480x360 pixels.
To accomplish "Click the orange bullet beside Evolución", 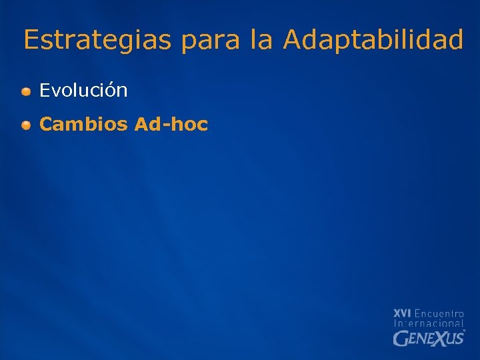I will (x=25, y=91).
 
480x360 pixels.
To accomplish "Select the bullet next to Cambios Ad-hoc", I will (x=25, y=125).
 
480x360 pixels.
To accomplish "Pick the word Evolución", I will (x=83, y=91).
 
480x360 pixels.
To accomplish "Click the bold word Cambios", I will (x=83, y=124).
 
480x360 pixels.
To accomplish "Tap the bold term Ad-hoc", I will (x=171, y=124).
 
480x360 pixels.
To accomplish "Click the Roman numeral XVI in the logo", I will (x=402, y=313).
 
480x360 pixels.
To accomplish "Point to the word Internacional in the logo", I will (x=429, y=323).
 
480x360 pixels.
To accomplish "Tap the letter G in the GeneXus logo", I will (x=399, y=339).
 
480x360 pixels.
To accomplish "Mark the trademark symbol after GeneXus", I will (x=464, y=331).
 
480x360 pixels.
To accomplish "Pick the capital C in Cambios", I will (x=46, y=124).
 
